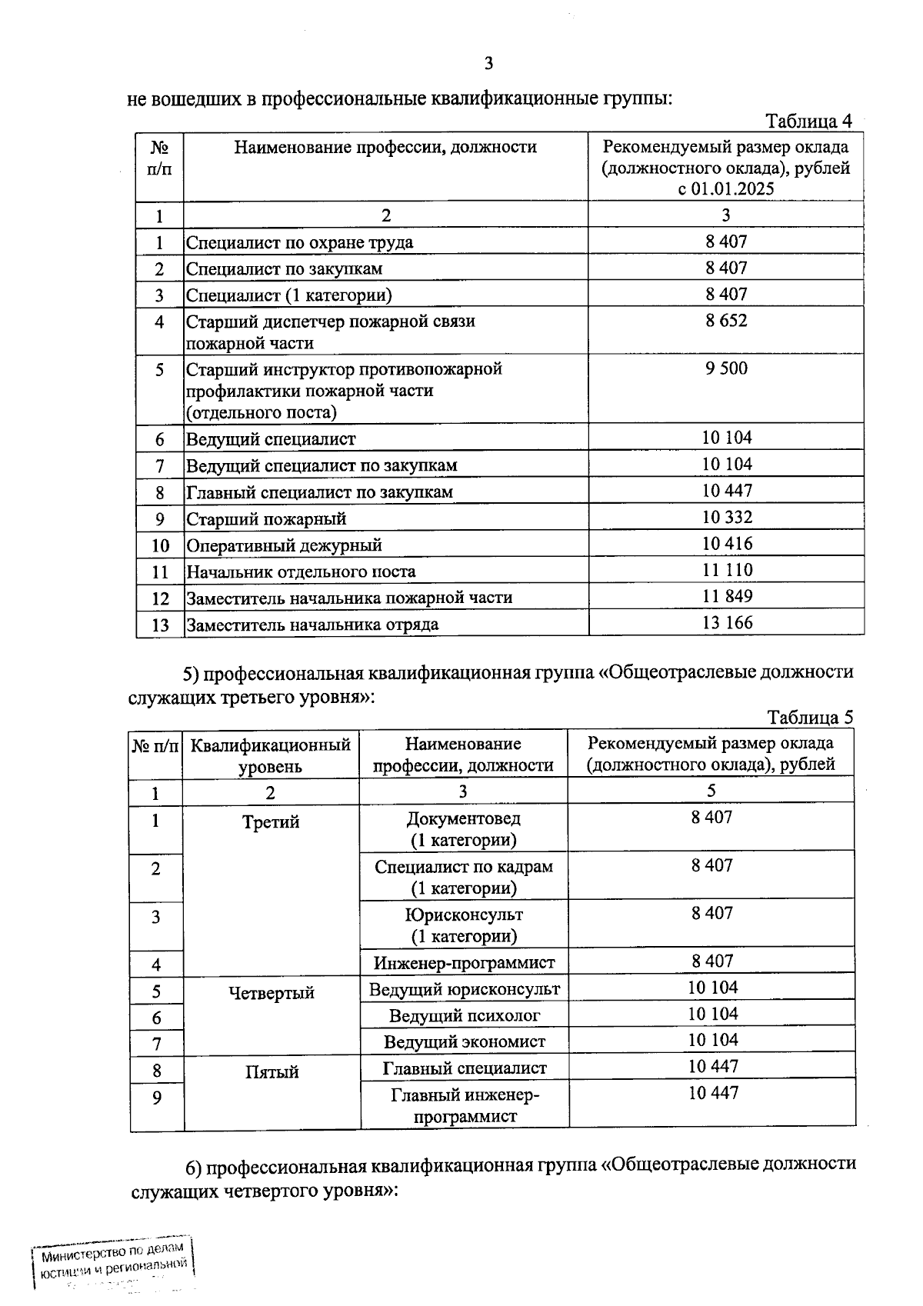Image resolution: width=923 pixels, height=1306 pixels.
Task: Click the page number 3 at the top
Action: tap(488, 64)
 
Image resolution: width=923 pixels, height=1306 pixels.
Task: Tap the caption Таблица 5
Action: tap(810, 718)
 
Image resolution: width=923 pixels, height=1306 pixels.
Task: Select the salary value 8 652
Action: tap(726, 320)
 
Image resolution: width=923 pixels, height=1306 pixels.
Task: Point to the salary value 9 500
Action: tap(726, 368)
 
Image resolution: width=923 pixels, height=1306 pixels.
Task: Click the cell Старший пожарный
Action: tap(266, 519)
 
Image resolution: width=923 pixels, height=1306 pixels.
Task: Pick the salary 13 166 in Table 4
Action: tap(726, 622)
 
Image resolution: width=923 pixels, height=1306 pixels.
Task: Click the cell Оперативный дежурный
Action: tap(284, 545)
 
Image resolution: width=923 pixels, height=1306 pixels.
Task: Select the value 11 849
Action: tap(726, 596)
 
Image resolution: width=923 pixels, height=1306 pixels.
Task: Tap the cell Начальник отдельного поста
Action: tap(301, 571)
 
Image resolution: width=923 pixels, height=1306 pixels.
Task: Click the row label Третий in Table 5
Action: tap(271, 822)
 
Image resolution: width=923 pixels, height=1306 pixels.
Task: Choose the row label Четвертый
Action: tap(272, 993)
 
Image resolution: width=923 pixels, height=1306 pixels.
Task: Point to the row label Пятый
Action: tap(272, 1072)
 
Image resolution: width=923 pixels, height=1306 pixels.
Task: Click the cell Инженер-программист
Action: tap(464, 963)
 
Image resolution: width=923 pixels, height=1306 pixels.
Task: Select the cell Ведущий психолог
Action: tap(464, 1015)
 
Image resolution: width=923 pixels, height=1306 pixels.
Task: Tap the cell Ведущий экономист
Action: tap(464, 1041)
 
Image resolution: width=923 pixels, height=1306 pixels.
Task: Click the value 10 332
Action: tap(726, 517)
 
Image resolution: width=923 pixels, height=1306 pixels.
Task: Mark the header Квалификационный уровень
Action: tap(271, 755)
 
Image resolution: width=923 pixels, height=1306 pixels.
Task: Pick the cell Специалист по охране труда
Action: tap(299, 242)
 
